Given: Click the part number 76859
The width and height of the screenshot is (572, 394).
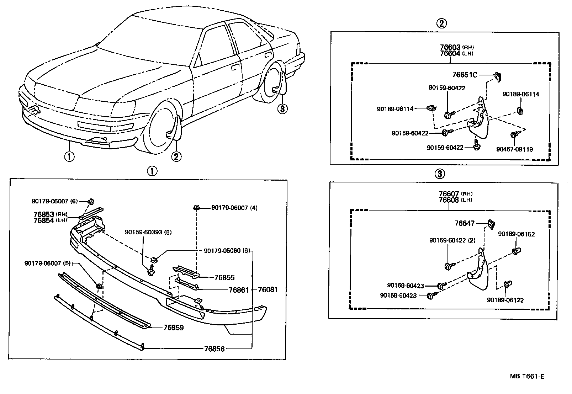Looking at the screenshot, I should pos(174,328).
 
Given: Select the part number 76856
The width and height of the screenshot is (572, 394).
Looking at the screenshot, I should pos(214,349).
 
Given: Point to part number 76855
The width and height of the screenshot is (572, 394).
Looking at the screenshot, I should pos(224,278).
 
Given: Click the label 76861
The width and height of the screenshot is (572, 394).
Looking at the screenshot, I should pos(239,290).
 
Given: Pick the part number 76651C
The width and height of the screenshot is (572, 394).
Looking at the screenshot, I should pos(464,75).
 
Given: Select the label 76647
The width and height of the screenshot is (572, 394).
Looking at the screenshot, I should pos(465,223).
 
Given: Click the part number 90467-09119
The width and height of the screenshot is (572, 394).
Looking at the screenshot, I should pos(514,149).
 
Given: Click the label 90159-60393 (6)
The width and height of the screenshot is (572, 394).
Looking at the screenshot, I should pos(148,232).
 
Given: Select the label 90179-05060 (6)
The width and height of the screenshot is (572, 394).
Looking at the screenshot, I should pos(227,250).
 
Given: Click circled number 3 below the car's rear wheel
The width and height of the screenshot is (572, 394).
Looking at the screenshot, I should pos(282,108).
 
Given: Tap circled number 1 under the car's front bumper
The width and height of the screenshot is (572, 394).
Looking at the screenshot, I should pos(69,156).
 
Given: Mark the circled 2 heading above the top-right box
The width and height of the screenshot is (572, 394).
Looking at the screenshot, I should pos(441,23).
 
